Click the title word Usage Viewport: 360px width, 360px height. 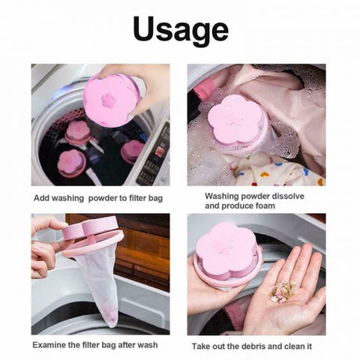(x=180, y=29)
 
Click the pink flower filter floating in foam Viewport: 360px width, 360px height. (x=234, y=124)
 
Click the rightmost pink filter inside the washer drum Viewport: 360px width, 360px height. (x=132, y=149)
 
